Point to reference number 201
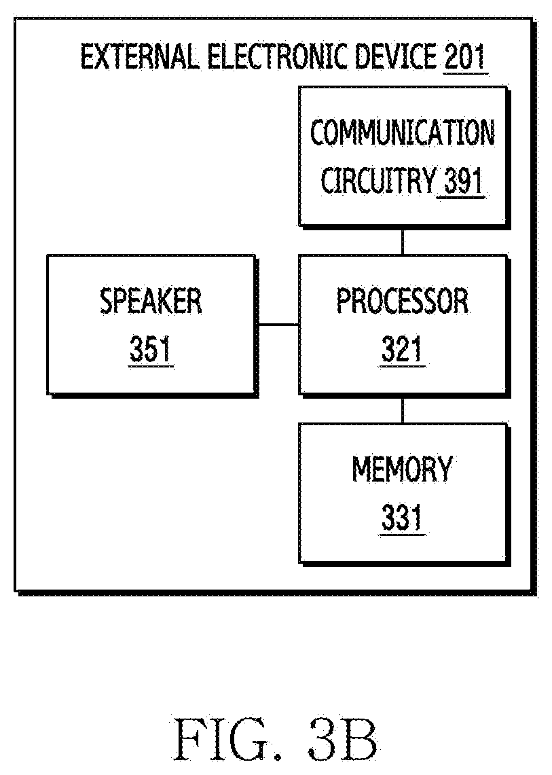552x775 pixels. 464,57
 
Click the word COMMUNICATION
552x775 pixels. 402,132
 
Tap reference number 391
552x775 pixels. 462,181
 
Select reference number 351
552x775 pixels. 150,349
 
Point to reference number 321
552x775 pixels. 402,349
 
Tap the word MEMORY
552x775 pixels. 402,469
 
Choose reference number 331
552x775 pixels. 402,517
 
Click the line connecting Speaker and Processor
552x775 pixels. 278,325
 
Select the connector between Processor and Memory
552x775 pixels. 403,410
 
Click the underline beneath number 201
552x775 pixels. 465,73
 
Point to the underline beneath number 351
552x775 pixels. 151,366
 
